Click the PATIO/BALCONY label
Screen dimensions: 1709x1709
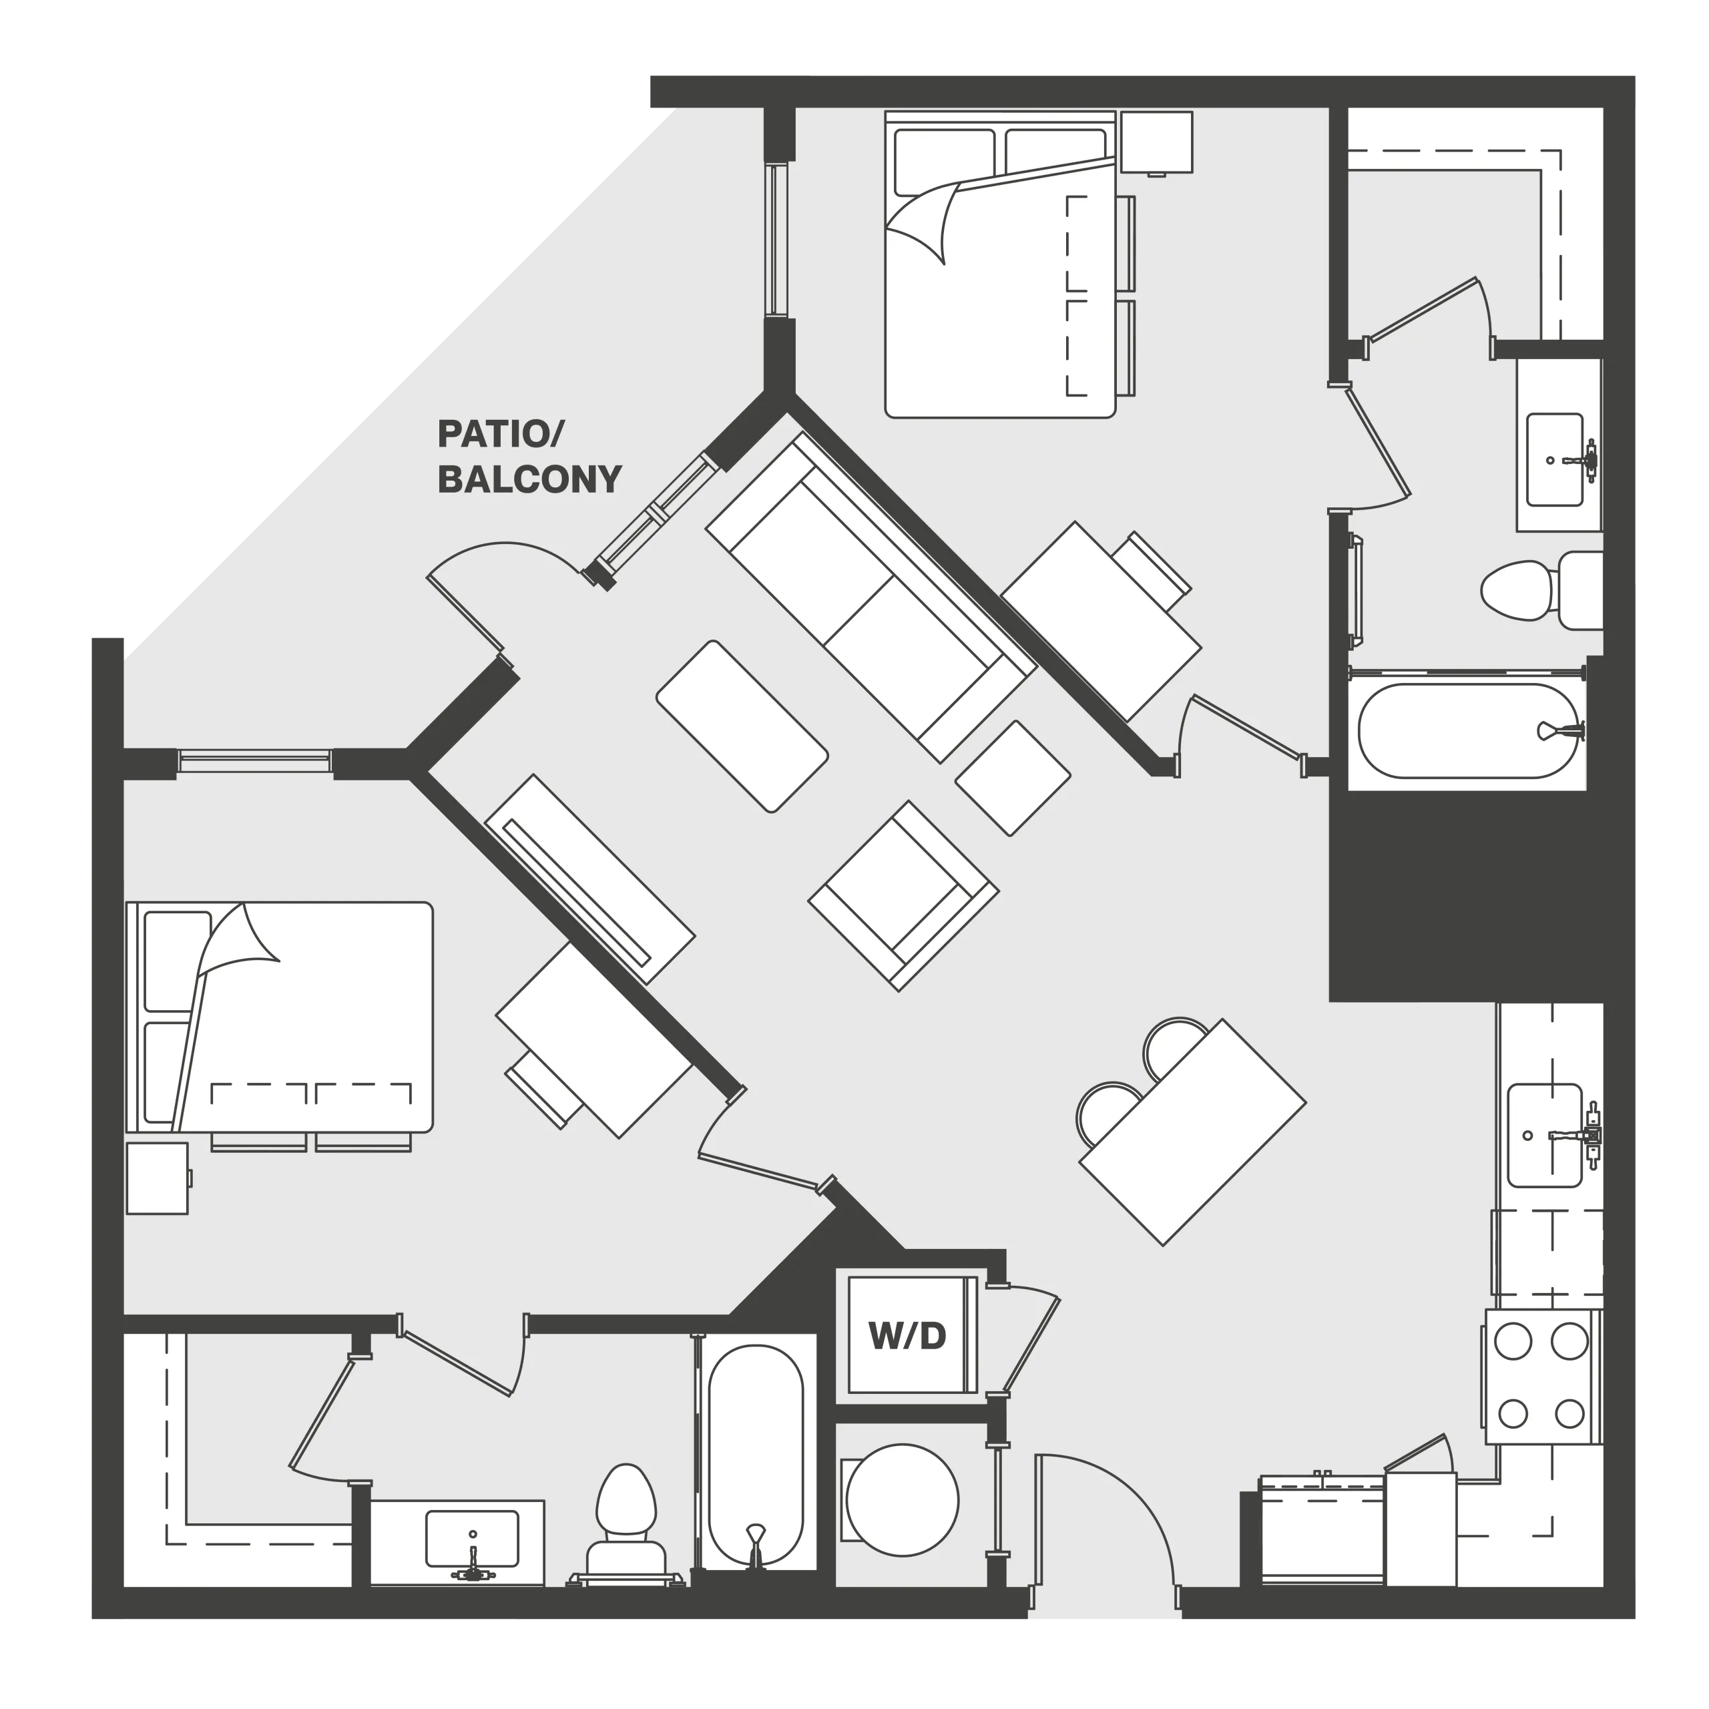(x=529, y=457)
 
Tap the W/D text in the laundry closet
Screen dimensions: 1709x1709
(x=908, y=1336)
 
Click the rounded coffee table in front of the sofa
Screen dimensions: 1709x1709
(x=742, y=726)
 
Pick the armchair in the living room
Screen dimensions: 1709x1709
(x=903, y=896)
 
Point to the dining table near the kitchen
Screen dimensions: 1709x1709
(x=1192, y=1132)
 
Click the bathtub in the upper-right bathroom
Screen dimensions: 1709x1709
(x=1467, y=732)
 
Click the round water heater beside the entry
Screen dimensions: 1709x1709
(x=903, y=1500)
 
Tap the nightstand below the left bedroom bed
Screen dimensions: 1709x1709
(x=158, y=1178)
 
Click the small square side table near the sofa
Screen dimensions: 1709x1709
(x=1013, y=778)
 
